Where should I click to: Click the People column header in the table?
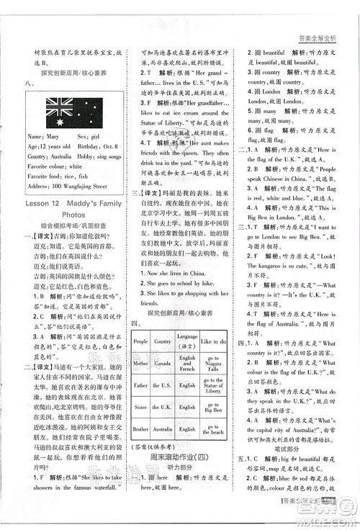140,341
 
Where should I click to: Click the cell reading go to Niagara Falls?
212,363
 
